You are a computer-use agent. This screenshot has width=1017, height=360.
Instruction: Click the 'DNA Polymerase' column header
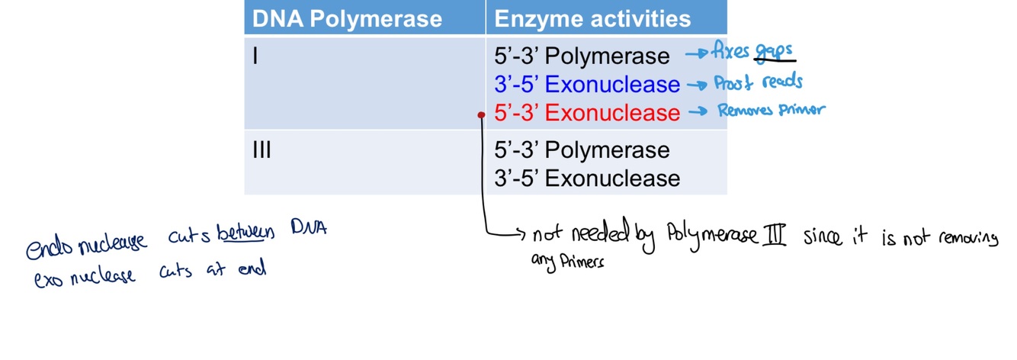[x=347, y=19]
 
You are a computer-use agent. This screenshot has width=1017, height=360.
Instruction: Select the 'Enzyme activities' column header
[x=592, y=19]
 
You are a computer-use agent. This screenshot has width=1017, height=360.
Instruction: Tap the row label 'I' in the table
[x=255, y=56]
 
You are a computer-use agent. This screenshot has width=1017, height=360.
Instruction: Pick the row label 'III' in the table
[x=261, y=150]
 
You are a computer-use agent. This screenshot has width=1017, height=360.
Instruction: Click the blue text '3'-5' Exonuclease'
[x=586, y=84]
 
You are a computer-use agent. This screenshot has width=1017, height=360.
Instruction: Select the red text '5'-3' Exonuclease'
[x=586, y=113]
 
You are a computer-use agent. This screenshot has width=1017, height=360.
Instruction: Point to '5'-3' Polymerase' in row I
[x=582, y=56]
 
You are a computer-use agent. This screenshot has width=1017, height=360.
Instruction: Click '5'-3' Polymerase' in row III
[x=582, y=150]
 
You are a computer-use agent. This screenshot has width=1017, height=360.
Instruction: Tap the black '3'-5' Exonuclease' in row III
[x=586, y=178]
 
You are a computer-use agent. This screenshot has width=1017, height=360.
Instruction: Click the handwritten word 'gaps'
[x=774, y=52]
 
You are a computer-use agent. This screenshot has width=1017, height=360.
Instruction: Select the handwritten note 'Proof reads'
[x=757, y=82]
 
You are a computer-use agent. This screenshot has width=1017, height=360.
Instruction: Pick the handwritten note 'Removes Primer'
[x=771, y=111]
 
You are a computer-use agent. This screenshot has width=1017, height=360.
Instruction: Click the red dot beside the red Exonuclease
[x=481, y=115]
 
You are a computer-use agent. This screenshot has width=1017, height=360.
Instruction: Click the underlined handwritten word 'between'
[x=245, y=231]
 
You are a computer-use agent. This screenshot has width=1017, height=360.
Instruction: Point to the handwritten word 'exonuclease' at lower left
[x=85, y=275]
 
